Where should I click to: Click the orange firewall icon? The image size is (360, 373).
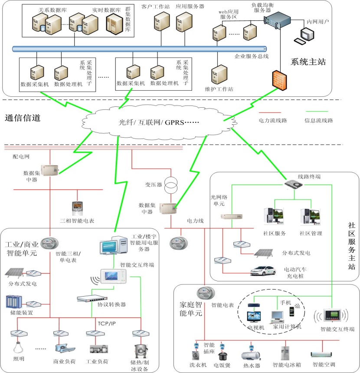(278, 80)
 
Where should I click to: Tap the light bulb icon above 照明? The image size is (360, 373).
(18, 348)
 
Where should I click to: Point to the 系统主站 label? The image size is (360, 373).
(308, 62)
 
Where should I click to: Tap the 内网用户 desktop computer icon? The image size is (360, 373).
(305, 35)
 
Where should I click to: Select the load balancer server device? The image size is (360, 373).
(276, 19)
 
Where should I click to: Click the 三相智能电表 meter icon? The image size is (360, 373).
(77, 208)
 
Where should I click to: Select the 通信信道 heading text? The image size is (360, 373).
(23, 117)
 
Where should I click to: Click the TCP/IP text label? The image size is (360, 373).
(105, 324)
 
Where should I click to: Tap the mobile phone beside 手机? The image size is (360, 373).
(297, 311)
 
